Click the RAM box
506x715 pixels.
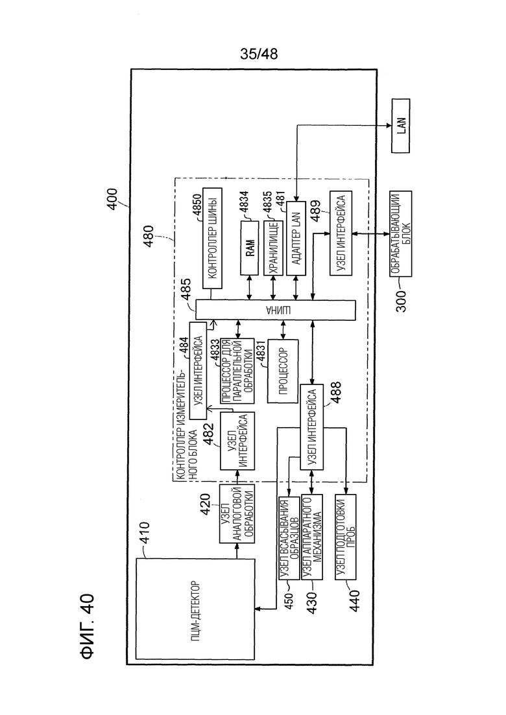click(x=250, y=248)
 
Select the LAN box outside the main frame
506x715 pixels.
click(x=401, y=125)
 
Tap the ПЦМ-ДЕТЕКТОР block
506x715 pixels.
click(x=195, y=608)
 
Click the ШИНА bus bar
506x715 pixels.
click(x=276, y=310)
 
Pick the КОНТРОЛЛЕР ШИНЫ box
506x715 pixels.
click(x=212, y=238)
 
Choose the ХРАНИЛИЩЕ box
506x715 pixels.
click(x=273, y=248)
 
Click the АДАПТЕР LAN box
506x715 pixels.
click(x=296, y=238)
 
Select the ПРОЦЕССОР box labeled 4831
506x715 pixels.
click(x=283, y=371)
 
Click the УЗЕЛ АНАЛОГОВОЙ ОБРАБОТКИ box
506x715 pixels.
click(x=237, y=513)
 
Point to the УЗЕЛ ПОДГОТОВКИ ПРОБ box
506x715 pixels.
click(x=345, y=537)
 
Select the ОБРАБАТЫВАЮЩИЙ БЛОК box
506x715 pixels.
click(x=401, y=233)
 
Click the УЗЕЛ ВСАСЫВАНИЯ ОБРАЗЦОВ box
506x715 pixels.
click(x=289, y=537)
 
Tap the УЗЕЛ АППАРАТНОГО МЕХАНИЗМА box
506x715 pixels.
click(x=312, y=537)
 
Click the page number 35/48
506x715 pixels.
click(x=259, y=54)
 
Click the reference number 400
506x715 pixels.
click(x=112, y=199)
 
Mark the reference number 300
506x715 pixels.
click(x=401, y=301)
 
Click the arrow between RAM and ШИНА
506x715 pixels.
click(x=250, y=288)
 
